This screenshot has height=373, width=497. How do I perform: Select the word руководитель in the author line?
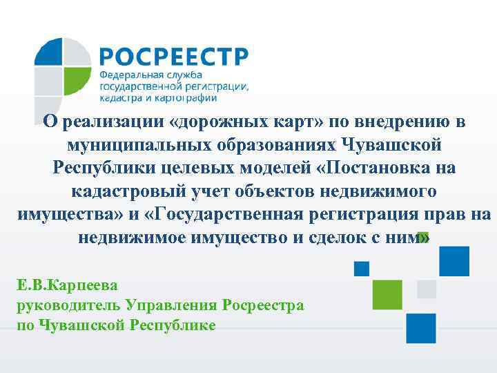(68, 304)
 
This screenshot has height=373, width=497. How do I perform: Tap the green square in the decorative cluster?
(387, 294)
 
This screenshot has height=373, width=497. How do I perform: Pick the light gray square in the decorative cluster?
(427, 288)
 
